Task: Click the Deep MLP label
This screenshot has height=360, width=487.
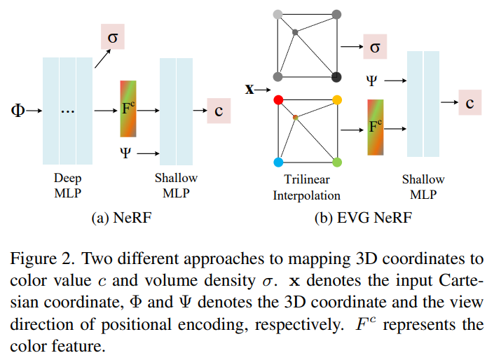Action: [x=67, y=186]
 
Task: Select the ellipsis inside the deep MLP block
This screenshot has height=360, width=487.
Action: [x=67, y=111]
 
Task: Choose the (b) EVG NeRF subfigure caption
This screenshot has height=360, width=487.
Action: [x=363, y=219]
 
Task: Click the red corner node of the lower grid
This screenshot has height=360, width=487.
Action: [x=278, y=101]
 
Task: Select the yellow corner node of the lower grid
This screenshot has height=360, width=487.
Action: [x=337, y=101]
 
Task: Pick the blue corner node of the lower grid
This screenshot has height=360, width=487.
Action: [x=278, y=162]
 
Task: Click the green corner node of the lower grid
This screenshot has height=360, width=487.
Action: [x=337, y=162]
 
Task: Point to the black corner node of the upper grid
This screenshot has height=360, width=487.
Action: [x=337, y=76]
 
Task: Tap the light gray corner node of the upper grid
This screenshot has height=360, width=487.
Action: [x=278, y=14]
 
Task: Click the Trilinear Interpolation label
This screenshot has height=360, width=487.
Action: [x=307, y=188]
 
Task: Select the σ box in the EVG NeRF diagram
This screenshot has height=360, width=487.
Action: [x=374, y=47]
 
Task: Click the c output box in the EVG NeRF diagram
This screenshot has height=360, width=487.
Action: [x=470, y=104]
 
